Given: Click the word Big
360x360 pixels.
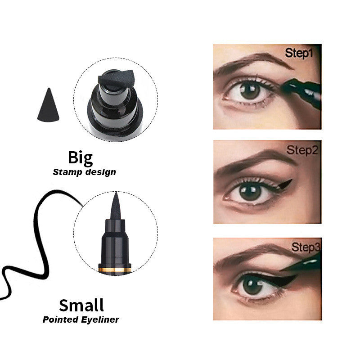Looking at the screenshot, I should point(81,158).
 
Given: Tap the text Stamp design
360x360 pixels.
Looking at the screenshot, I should point(84,171).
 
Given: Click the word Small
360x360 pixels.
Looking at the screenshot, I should point(81,305).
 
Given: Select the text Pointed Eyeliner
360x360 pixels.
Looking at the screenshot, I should point(81,320).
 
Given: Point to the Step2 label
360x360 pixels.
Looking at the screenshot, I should point(302,150).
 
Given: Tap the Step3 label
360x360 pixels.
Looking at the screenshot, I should point(306,247).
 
